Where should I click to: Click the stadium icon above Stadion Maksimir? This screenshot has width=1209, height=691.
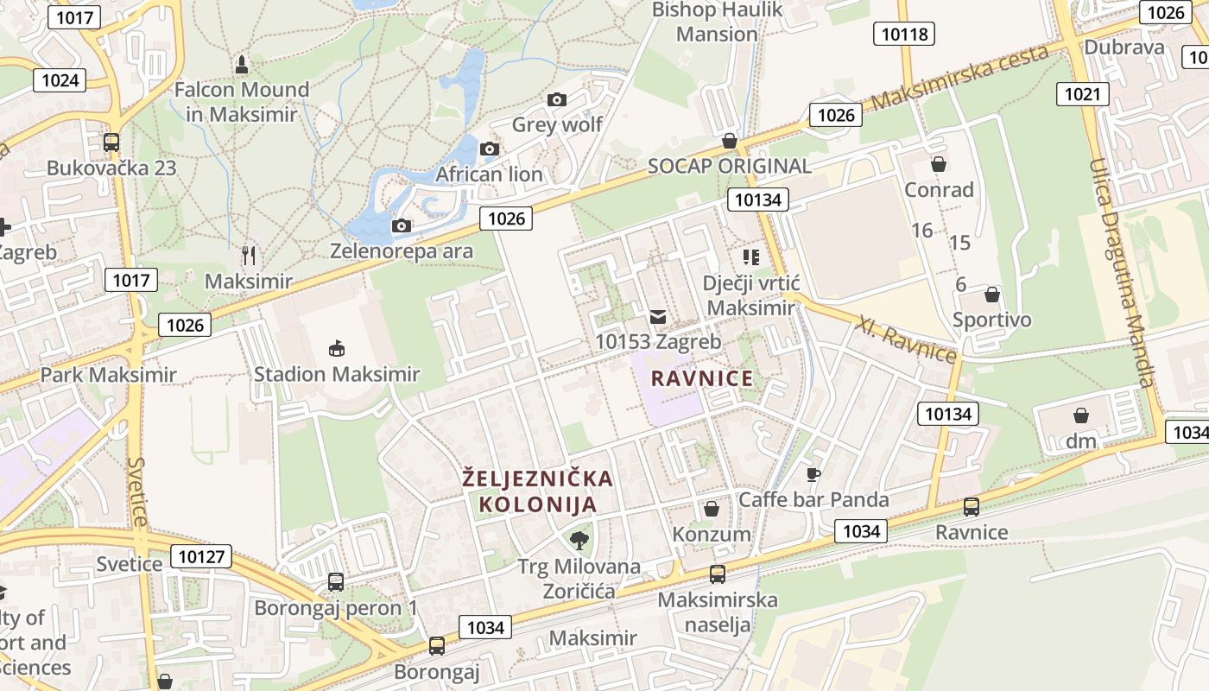point(337,348)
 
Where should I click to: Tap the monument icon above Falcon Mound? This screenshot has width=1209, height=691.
point(241,64)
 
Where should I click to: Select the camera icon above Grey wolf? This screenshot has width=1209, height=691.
point(557,99)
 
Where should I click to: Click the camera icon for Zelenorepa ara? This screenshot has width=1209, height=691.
point(401,226)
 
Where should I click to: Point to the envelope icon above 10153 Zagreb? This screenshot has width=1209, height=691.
point(658,316)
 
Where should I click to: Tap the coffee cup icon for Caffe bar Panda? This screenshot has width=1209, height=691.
point(813,473)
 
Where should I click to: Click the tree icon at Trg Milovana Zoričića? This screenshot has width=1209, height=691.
point(579,541)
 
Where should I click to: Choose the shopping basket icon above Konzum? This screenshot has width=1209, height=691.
point(712,509)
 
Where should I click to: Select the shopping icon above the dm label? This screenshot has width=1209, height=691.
point(1080,415)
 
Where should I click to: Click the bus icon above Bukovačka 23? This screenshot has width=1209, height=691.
point(111,143)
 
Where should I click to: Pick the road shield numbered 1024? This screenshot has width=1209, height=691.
point(60,81)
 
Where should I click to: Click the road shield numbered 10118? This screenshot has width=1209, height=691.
point(905,34)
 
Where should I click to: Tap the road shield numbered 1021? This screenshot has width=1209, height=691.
point(1082,93)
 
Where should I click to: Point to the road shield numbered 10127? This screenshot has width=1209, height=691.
point(202,556)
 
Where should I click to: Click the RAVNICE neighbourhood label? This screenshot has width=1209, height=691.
point(702,378)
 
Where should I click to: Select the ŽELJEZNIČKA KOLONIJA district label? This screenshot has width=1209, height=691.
point(538,491)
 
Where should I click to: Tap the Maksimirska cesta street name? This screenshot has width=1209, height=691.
point(959,77)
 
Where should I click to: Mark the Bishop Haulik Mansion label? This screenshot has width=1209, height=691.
point(718,22)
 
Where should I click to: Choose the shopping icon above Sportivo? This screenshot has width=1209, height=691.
point(992,295)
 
